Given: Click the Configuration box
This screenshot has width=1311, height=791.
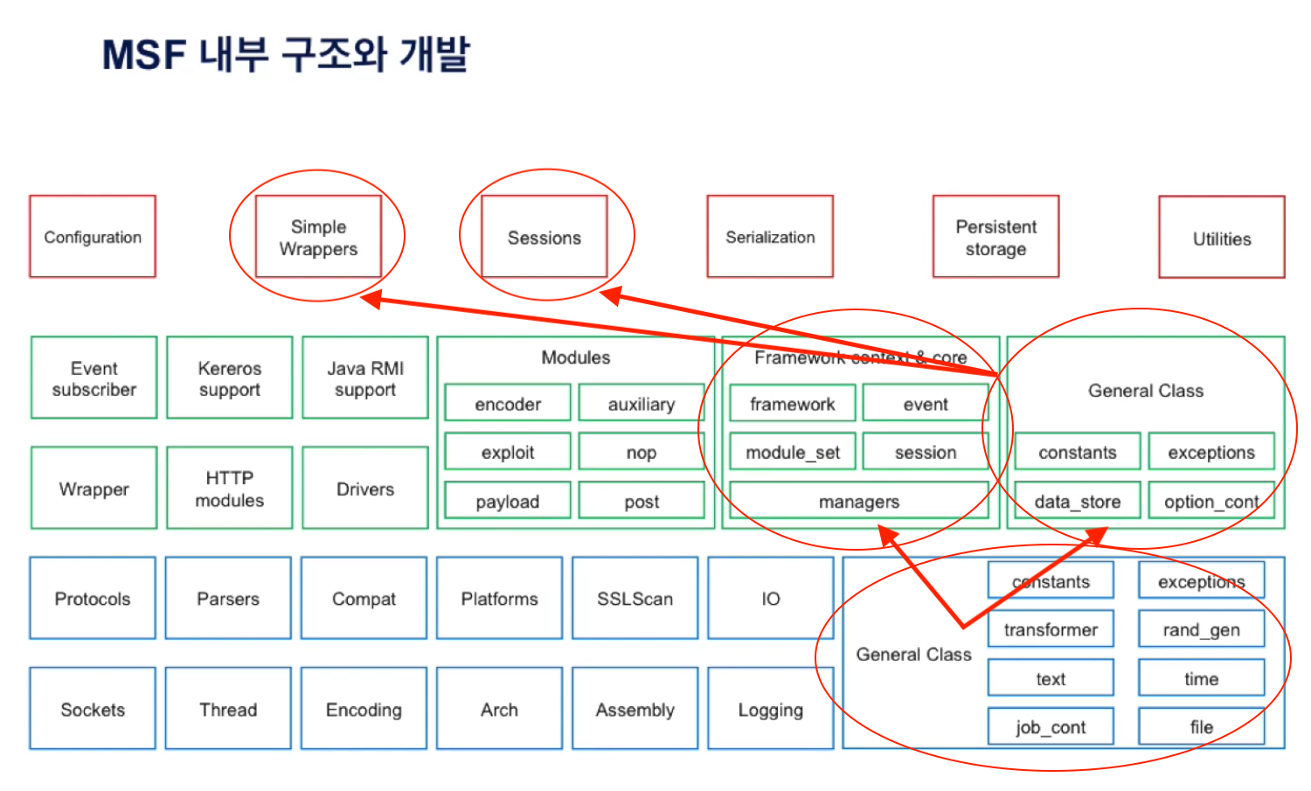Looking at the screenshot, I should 93,237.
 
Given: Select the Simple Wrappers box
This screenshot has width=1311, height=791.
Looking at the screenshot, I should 318,237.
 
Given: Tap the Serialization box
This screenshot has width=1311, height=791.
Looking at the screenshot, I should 770,237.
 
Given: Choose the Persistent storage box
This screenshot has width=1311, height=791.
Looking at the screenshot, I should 995,237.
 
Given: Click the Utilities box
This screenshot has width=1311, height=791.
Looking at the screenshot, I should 1221,238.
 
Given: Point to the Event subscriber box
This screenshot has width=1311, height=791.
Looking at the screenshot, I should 94,378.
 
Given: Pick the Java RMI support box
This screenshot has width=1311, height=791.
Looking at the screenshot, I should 365,378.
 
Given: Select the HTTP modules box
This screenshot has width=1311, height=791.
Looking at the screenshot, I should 229,488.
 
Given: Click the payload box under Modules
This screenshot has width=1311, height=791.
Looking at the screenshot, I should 507,501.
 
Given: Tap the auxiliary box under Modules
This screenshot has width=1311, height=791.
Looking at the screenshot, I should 641,403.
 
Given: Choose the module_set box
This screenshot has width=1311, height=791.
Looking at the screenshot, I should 792,452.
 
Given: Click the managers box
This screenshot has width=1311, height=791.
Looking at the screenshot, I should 858,501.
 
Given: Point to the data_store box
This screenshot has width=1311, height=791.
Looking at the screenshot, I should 1077,501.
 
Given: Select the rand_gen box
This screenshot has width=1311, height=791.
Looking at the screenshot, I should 1201,629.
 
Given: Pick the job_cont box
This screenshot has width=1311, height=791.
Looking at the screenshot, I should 1051,726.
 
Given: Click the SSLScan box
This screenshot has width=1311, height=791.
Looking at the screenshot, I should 635,598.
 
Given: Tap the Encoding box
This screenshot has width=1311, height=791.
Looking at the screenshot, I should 364,709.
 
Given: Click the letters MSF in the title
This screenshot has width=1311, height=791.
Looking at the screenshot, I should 144,55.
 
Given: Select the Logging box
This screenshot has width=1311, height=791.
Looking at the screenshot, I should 770,709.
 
